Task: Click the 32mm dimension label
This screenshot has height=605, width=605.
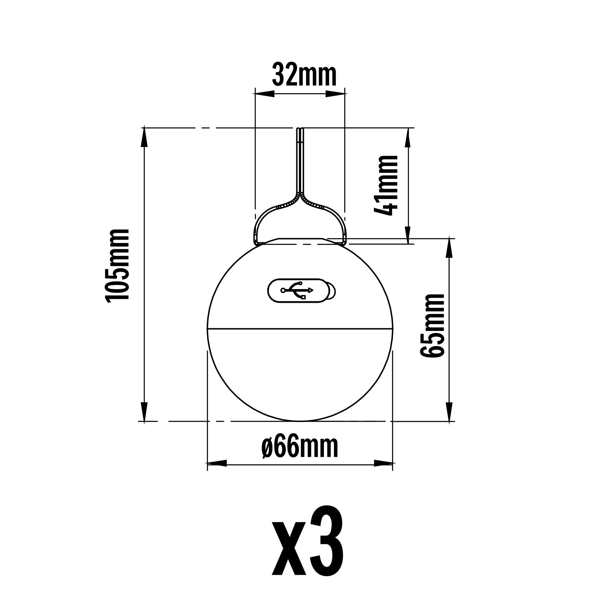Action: tap(304, 74)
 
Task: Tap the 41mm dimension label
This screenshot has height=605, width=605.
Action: tap(386, 185)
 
